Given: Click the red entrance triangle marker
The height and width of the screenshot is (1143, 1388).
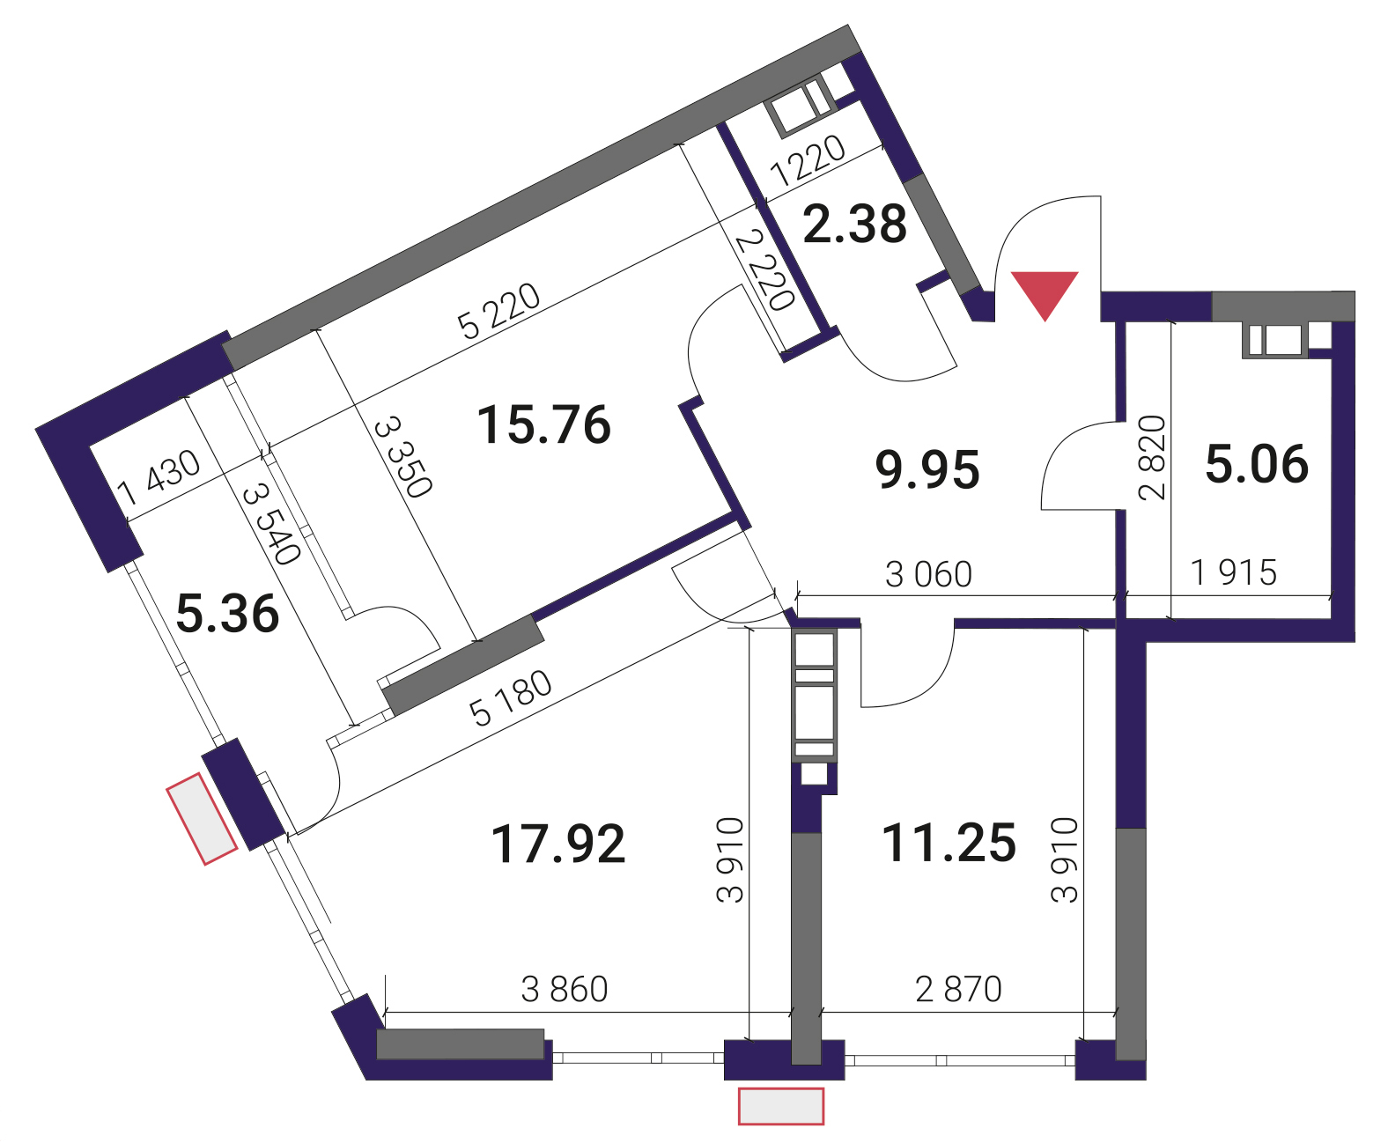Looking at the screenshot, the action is tap(1045, 291).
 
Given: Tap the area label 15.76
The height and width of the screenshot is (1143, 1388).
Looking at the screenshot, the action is tap(543, 424).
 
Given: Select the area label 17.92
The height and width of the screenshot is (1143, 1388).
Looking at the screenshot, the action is tap(557, 844).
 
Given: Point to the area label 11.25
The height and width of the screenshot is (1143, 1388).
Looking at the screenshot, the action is tap(949, 842).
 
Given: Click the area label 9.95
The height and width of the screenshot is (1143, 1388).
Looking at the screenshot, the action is tap(927, 469).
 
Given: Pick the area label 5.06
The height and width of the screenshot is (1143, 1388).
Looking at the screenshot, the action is tap(1257, 463).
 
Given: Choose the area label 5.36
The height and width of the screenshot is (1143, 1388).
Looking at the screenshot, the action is tap(227, 614).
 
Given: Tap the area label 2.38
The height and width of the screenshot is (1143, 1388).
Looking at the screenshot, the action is tap(855, 224).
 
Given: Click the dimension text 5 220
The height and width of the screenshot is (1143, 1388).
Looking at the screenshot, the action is tap(498, 311).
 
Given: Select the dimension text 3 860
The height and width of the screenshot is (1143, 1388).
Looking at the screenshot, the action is tap(565, 989).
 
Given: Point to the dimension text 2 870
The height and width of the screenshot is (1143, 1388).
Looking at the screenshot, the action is tap(958, 989).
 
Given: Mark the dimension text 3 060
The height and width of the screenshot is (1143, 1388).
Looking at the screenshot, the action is tap(928, 574).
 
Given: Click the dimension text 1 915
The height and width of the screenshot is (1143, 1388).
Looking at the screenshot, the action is tap(1234, 572).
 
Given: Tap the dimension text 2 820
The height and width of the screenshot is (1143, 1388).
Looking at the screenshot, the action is tap(1152, 457).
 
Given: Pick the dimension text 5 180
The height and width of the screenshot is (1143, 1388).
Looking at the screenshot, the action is tap(511, 698).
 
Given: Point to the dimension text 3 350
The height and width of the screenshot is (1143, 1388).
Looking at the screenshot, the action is tap(402, 457).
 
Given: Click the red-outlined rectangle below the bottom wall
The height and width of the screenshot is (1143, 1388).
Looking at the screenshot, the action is tap(781, 1106).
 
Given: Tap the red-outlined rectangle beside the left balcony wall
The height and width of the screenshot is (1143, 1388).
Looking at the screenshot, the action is tap(202, 819).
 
